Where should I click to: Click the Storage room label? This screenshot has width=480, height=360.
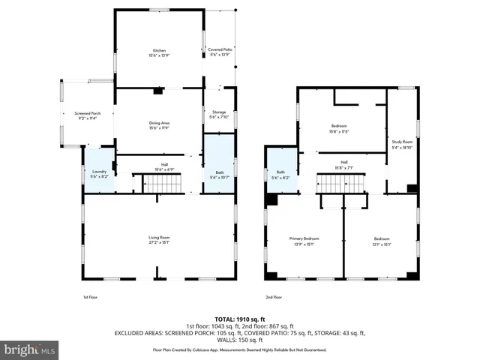click(x=218, y=114)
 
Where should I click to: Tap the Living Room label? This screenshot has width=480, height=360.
click(x=158, y=240)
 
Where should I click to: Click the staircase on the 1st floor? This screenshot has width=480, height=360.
click(x=148, y=182)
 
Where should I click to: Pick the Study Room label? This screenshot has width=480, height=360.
click(x=402, y=144)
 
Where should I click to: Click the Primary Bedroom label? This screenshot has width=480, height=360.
click(x=304, y=241)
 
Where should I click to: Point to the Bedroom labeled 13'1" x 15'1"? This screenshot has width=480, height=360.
click(x=381, y=241)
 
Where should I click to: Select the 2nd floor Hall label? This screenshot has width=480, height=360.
click(x=344, y=165)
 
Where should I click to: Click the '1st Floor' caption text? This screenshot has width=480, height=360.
click(x=90, y=297)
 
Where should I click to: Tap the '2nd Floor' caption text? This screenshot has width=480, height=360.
click(x=274, y=297)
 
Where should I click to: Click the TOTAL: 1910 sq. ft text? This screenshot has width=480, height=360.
click(x=239, y=318)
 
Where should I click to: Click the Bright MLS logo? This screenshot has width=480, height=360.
click(x=30, y=350)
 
